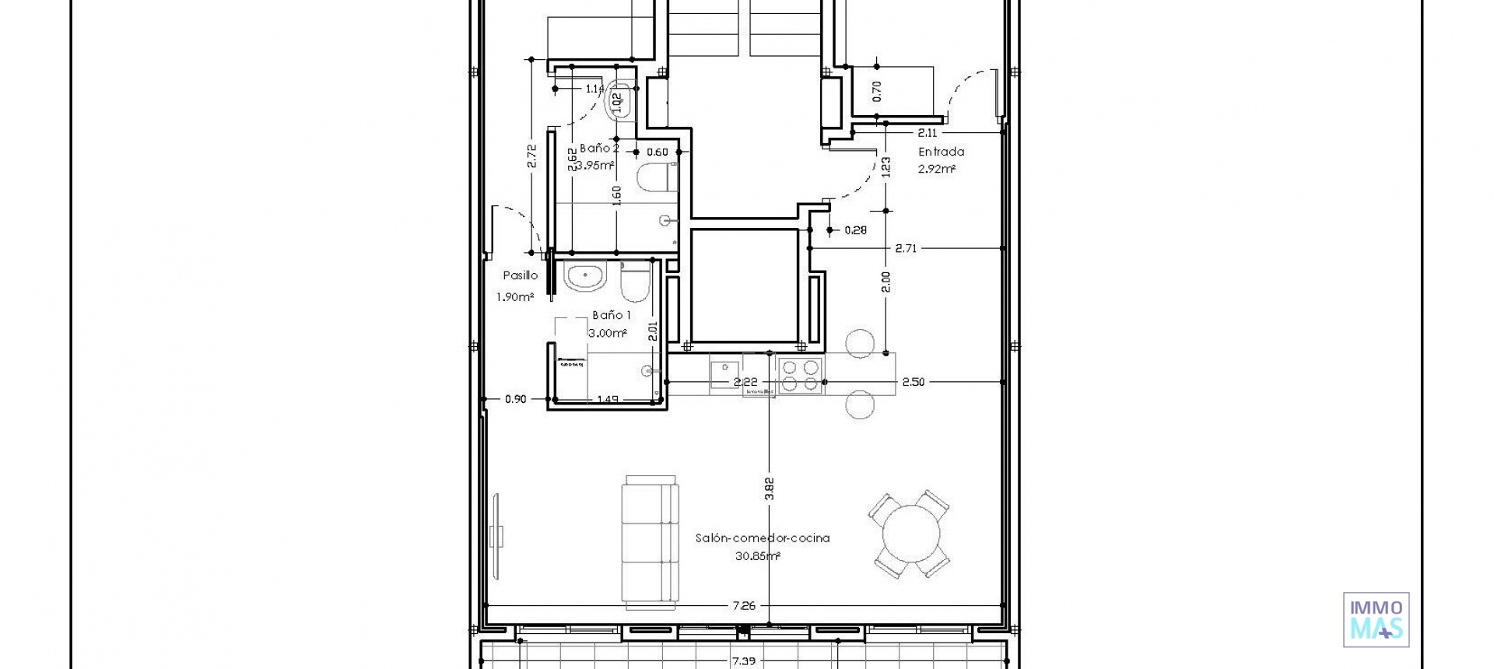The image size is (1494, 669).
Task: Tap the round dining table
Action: (x=909, y=534)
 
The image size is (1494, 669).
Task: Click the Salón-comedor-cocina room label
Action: (x=762, y=538)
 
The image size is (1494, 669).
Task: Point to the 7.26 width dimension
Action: (x=745, y=605)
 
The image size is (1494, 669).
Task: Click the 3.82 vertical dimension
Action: (x=770, y=488)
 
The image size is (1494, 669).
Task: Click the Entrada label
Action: (x=941, y=152)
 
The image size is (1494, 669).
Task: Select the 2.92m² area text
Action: (x=937, y=169)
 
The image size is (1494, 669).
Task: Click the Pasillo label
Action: (x=520, y=275)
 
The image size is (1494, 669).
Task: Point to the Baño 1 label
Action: (x=612, y=315)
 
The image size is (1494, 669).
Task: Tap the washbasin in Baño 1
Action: (x=585, y=276)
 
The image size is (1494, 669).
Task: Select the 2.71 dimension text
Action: (x=906, y=249)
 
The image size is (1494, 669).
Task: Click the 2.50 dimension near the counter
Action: (x=914, y=382)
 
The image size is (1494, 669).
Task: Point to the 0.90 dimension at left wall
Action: (x=515, y=399)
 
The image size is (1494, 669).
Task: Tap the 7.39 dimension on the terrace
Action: (x=743, y=661)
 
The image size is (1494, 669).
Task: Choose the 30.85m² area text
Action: (x=757, y=556)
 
